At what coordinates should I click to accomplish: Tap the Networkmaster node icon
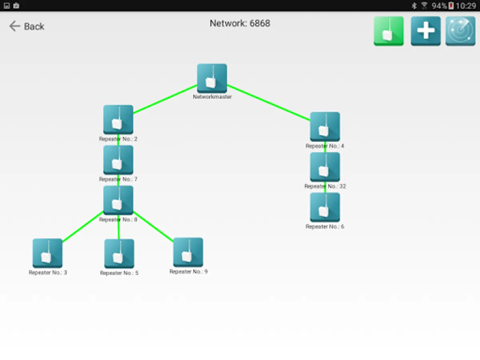(x=212, y=78)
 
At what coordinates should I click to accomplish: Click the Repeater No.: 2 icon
(x=118, y=120)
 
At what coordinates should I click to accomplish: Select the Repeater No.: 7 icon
(x=118, y=160)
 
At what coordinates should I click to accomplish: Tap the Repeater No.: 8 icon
(x=118, y=200)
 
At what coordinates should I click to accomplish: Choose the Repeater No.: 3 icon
(x=48, y=253)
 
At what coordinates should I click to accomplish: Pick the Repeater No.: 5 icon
(x=119, y=254)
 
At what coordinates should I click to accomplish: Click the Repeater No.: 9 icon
(x=188, y=252)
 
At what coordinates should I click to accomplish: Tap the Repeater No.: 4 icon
(x=325, y=126)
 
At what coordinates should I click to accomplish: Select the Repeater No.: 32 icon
(x=325, y=167)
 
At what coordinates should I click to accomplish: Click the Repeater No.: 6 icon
(x=325, y=207)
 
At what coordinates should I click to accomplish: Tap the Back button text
(x=34, y=26)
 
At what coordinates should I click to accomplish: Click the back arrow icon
(x=14, y=26)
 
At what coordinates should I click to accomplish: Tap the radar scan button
(x=460, y=31)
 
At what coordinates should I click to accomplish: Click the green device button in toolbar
(x=389, y=31)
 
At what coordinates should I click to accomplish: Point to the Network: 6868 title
(x=240, y=23)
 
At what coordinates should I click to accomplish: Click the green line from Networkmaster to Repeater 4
(x=268, y=102)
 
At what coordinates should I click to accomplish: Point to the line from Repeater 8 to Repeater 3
(x=82, y=226)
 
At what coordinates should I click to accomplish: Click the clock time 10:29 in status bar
(x=466, y=6)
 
